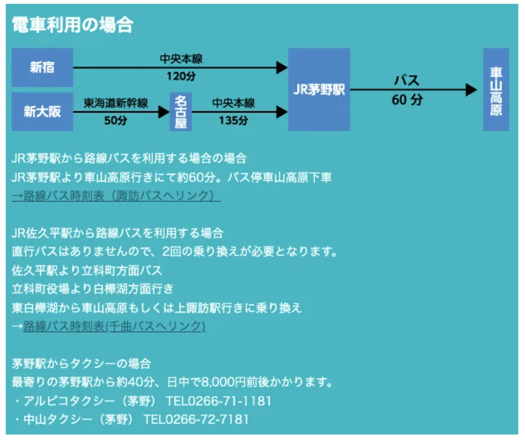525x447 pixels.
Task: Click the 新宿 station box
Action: [42, 67]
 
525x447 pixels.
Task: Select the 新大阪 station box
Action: [42, 112]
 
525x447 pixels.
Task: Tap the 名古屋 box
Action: [181, 112]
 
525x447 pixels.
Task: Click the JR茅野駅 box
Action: [319, 89]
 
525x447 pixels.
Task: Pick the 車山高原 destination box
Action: [496, 89]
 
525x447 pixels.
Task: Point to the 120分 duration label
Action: [181, 77]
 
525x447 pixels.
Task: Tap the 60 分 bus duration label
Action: [407, 100]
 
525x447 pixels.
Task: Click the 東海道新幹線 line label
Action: [116, 103]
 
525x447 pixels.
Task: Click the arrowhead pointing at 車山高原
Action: [471, 89]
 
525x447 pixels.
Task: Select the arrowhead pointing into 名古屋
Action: [164, 112]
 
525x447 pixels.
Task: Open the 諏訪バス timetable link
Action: [116, 196]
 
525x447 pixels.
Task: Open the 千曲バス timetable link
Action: [114, 326]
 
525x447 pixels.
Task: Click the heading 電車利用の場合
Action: [72, 25]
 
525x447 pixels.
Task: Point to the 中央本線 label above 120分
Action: [181, 59]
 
